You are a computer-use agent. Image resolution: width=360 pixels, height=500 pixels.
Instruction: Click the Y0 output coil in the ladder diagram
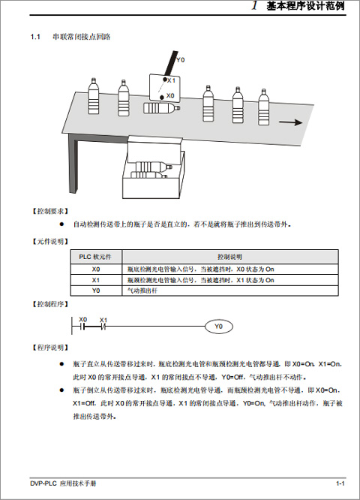pyautogui.click(x=218, y=327)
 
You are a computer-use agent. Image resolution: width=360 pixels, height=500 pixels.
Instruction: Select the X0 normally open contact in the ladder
pyautogui.click(x=83, y=327)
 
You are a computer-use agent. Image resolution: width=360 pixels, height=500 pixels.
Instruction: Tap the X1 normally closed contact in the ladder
pyautogui.click(x=103, y=327)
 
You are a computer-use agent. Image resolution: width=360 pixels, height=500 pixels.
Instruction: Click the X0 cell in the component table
pyautogui.click(x=96, y=269)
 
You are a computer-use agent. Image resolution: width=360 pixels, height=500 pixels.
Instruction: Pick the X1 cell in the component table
pyautogui.click(x=96, y=280)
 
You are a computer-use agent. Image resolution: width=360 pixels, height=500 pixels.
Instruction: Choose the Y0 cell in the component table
pyautogui.click(x=96, y=291)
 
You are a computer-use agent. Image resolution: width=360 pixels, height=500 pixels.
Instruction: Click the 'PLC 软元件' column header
pyautogui.click(x=95, y=257)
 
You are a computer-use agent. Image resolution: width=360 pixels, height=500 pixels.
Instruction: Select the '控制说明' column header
pyautogui.click(x=229, y=257)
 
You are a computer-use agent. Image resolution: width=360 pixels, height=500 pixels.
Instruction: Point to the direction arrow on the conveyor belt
pyautogui.click(x=290, y=122)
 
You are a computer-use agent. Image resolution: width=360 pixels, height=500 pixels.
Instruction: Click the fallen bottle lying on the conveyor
pyautogui.click(x=161, y=108)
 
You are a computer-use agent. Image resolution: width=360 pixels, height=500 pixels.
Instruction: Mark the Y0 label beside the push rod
pyautogui.click(x=180, y=59)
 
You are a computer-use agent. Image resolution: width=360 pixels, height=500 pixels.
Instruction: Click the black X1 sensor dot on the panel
pyautogui.click(x=165, y=80)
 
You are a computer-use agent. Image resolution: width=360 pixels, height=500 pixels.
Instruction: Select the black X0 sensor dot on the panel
pyautogui.click(x=162, y=97)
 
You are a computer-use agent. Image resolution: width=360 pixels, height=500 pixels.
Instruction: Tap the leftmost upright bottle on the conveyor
pyautogui.click(x=93, y=95)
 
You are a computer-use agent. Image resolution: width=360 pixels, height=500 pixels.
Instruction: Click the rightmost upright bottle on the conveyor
pyautogui.click(x=263, y=107)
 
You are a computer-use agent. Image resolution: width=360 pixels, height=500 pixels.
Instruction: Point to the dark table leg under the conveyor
pyautogui.click(x=73, y=164)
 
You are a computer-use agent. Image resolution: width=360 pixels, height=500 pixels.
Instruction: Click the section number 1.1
pyautogui.click(x=35, y=37)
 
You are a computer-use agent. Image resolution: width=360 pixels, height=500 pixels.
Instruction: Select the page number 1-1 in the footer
pyautogui.click(x=340, y=483)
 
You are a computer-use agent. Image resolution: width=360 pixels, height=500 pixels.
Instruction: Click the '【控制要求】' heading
pyautogui.click(x=50, y=211)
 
